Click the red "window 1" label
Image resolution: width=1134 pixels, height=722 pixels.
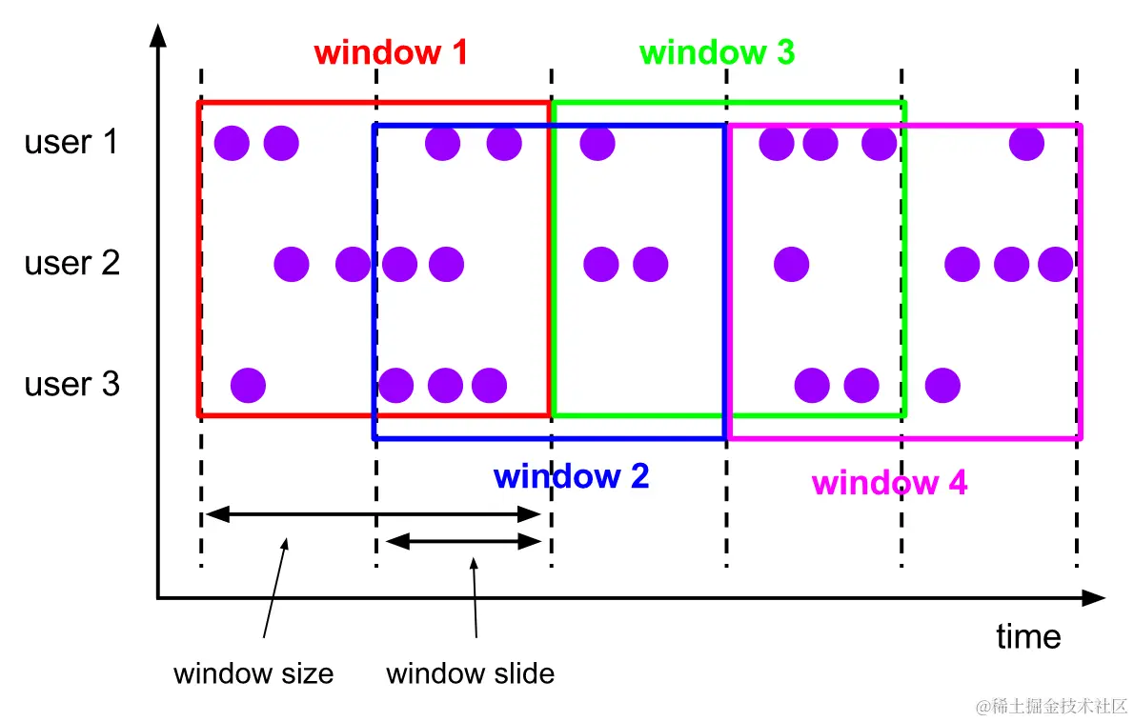coord(391,51)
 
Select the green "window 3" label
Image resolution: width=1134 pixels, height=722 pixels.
coord(717,51)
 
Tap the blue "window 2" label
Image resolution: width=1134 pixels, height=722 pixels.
coord(572,475)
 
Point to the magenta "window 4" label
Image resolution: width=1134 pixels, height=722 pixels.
coord(889,483)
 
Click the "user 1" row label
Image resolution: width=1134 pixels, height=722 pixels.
coord(72,142)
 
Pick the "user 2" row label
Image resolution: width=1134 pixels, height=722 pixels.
coord(72,262)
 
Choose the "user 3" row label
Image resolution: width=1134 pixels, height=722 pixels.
coord(72,384)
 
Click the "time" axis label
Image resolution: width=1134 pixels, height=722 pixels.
coord(1028,636)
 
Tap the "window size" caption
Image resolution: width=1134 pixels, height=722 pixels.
coord(253,674)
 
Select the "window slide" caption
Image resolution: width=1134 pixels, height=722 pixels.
coord(470,674)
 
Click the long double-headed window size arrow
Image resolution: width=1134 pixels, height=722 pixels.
coord(374,515)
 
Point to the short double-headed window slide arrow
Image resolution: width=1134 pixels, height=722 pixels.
coord(463,541)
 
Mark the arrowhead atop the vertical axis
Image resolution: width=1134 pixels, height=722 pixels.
coord(158,36)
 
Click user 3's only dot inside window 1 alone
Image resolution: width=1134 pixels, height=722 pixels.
coord(249,386)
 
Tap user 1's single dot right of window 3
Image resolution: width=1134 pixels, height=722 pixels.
coord(1026,143)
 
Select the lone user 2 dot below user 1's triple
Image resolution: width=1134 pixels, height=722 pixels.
coord(791,263)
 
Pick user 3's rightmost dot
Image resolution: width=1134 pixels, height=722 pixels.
coord(942,386)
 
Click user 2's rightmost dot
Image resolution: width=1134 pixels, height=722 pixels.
coord(1055,263)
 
